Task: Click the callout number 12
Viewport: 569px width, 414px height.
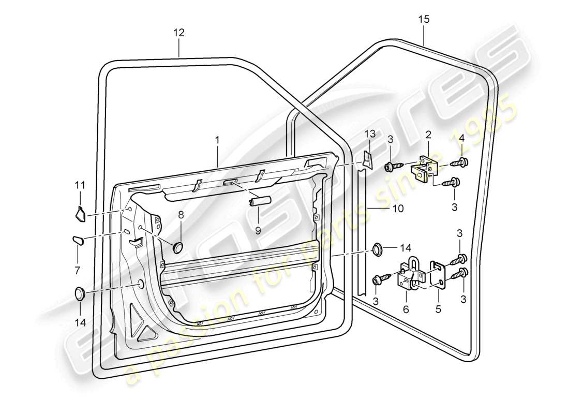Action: pyautogui.click(x=178, y=33)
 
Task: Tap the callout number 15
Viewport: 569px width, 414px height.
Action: pyautogui.click(x=424, y=20)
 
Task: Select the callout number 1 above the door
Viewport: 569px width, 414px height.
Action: pyautogui.click(x=218, y=140)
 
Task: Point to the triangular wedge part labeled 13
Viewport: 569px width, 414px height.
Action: pyautogui.click(x=367, y=159)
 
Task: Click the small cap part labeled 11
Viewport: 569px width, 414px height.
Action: pyautogui.click(x=80, y=213)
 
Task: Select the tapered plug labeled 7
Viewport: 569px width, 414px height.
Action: pyautogui.click(x=77, y=240)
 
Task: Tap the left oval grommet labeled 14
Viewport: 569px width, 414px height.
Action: pyautogui.click(x=80, y=293)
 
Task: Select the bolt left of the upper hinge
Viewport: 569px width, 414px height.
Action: pyautogui.click(x=391, y=166)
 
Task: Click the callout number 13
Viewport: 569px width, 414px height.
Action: pyautogui.click(x=368, y=134)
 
